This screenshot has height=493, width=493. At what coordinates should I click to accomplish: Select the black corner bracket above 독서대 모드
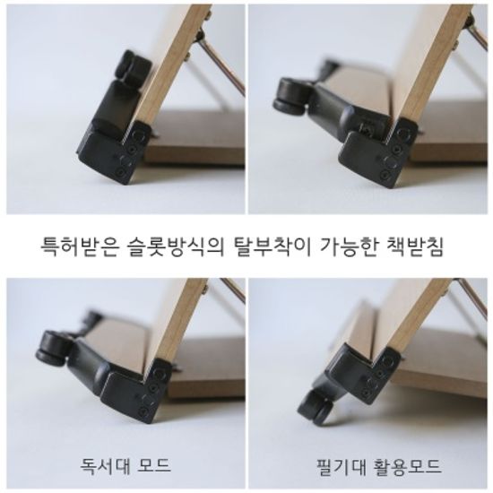tap(134, 394)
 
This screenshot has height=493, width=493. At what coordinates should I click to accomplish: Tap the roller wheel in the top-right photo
tap(287, 93)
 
